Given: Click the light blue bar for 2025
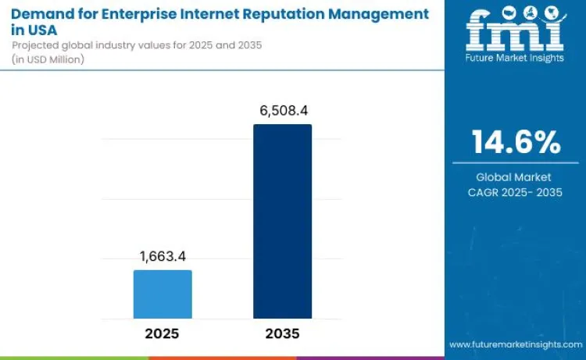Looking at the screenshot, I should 163,294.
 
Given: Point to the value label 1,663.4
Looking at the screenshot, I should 163,256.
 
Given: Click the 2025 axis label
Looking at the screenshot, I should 163,333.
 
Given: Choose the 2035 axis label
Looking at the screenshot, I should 282,333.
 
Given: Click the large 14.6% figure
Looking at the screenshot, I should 515,142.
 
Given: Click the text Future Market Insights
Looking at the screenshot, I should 515,59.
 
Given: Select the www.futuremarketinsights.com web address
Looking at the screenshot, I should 515,344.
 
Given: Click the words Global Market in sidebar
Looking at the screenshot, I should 515,177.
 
